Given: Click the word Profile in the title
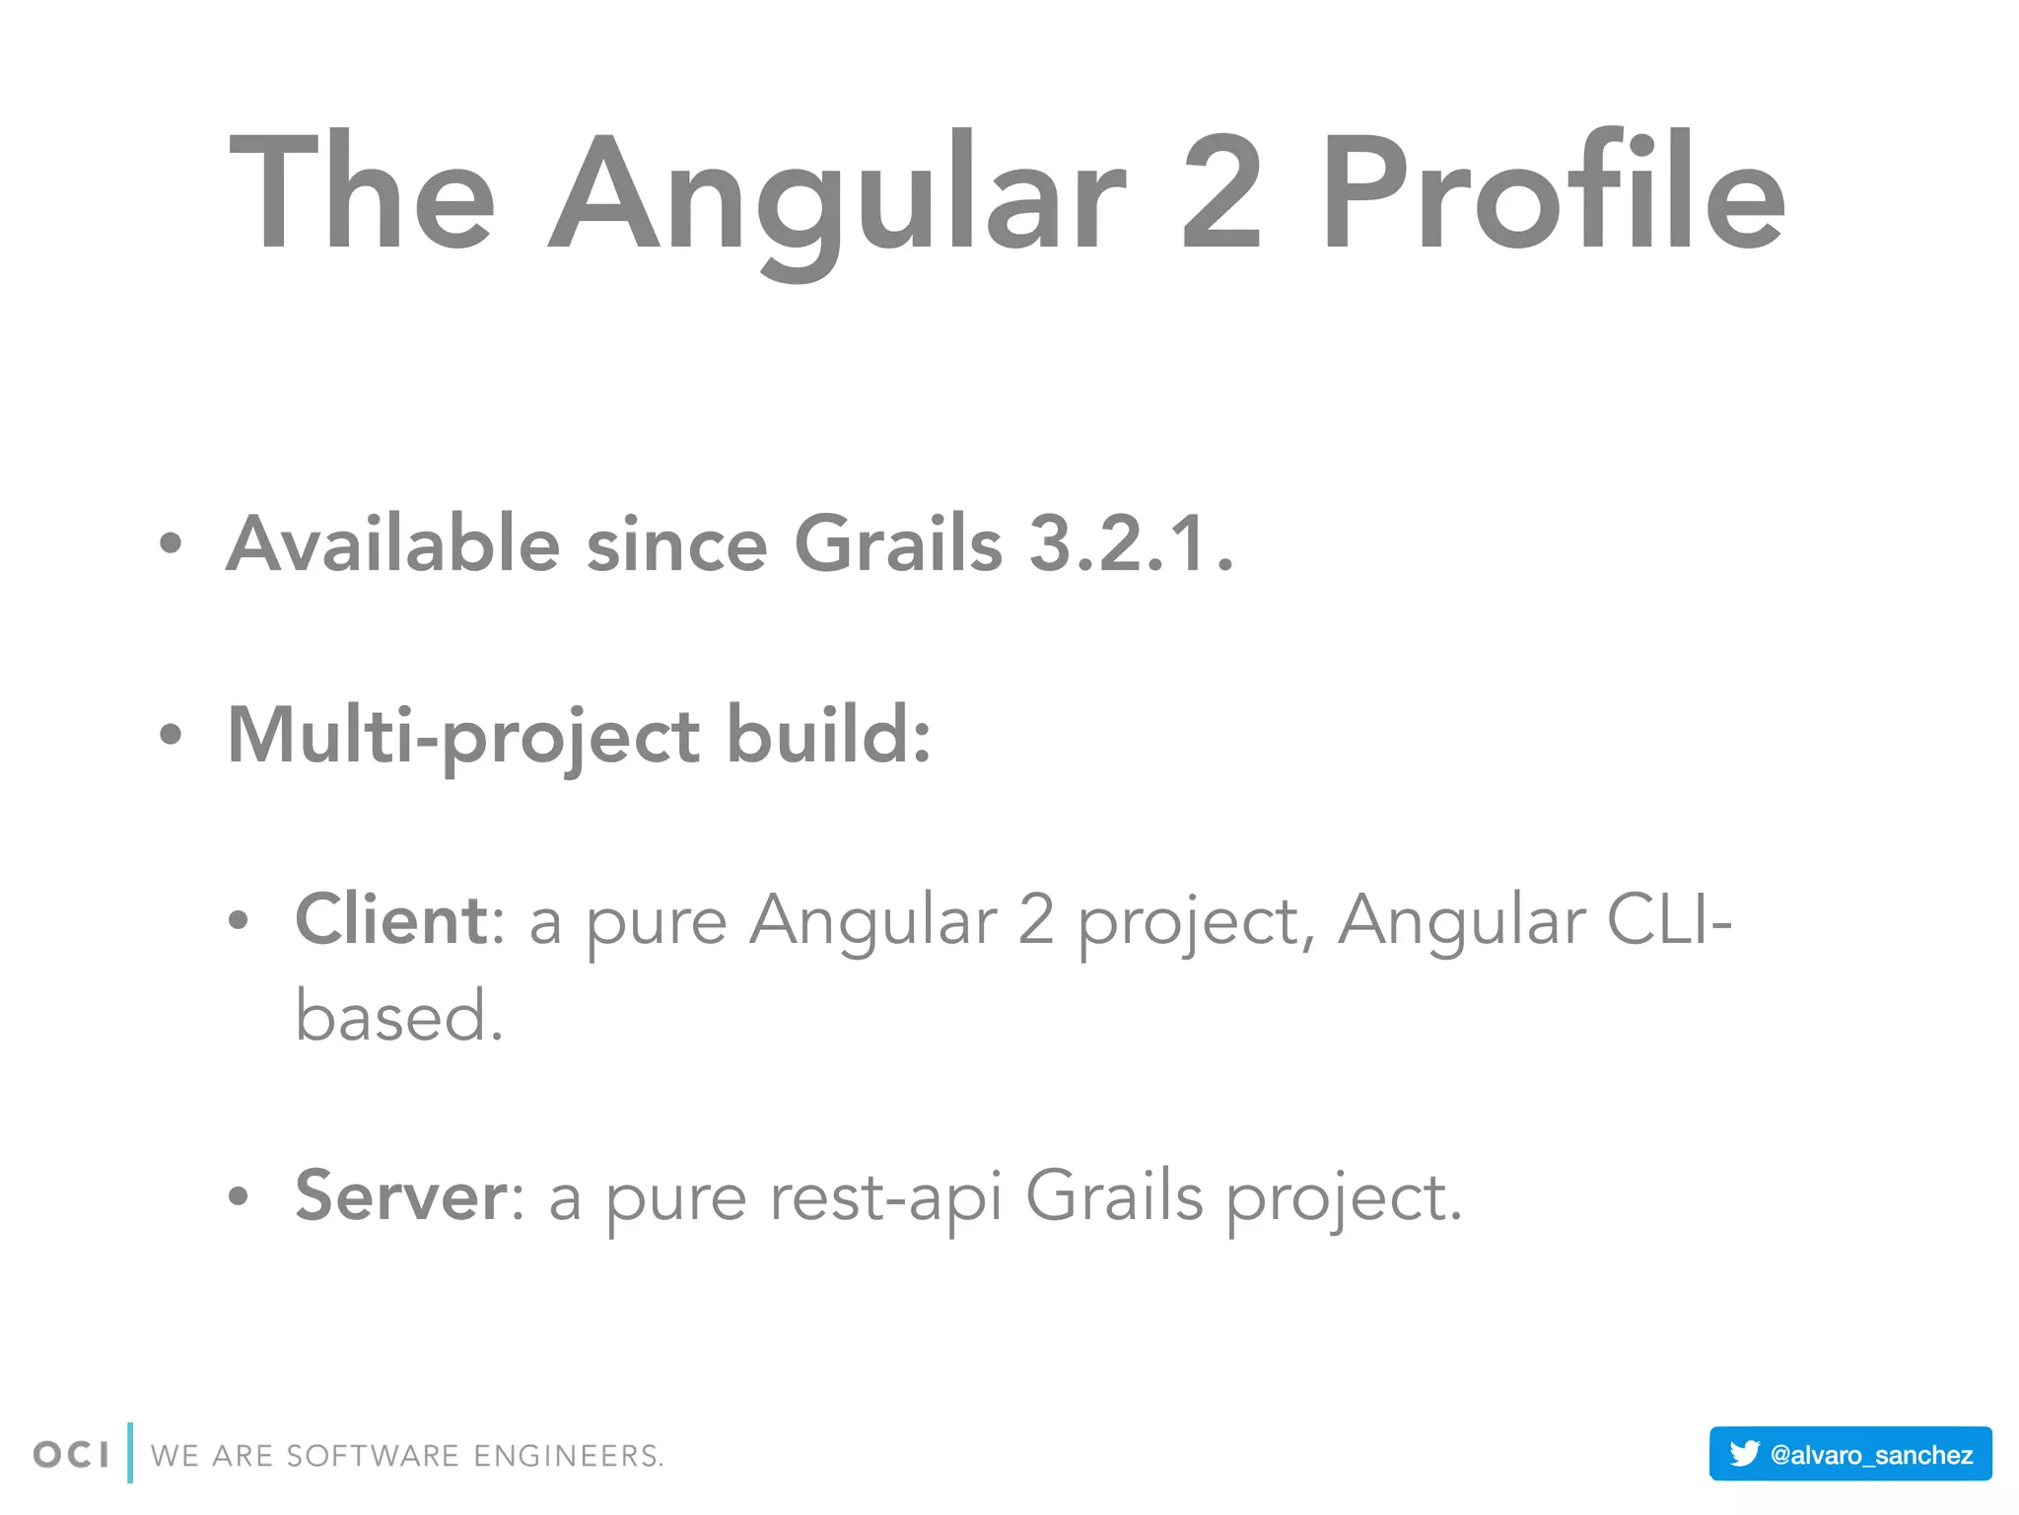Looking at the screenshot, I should click(x=1553, y=192).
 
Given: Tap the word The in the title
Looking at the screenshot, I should click(x=361, y=192).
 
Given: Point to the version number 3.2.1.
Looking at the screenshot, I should click(x=1130, y=543).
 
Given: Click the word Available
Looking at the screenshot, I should click(x=393, y=543).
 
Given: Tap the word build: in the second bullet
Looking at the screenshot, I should click(x=828, y=735).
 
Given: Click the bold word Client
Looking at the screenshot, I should click(x=390, y=919).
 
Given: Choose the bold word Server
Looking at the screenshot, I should click(x=401, y=1195).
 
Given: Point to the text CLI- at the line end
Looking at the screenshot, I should click(x=1668, y=919).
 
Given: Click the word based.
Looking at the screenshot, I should click(x=398, y=1016).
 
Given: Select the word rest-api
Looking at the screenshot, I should click(x=885, y=1197).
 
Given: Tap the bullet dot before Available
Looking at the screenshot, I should click(x=171, y=543).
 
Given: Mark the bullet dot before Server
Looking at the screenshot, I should click(x=239, y=1196).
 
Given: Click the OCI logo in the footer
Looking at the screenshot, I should click(x=71, y=1455).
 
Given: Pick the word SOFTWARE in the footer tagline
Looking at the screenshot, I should click(x=373, y=1456).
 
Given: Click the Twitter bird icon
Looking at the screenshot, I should click(x=1744, y=1453).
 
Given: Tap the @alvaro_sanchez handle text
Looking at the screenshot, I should click(x=1871, y=1455).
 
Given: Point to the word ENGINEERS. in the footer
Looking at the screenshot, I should click(x=569, y=1456).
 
